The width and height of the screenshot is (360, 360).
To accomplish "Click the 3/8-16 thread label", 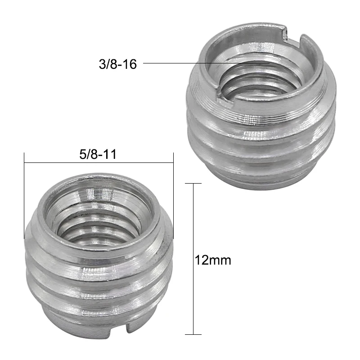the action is (118, 64).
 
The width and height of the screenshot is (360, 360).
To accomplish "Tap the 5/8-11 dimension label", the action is (98, 154).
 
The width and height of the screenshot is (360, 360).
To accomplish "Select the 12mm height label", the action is (213, 261).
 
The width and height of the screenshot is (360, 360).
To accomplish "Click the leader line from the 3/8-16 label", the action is (207, 63).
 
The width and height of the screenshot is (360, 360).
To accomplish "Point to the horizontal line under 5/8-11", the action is (99, 163).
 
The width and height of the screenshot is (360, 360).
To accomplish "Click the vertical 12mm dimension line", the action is (193, 259).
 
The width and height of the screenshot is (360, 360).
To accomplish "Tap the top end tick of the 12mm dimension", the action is (193, 184).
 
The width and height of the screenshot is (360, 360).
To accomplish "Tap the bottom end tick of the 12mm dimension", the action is (193, 334).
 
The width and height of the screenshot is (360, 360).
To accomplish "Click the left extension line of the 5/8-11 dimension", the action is (24, 196).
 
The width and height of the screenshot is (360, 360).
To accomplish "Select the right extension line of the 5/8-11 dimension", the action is (173, 196).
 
